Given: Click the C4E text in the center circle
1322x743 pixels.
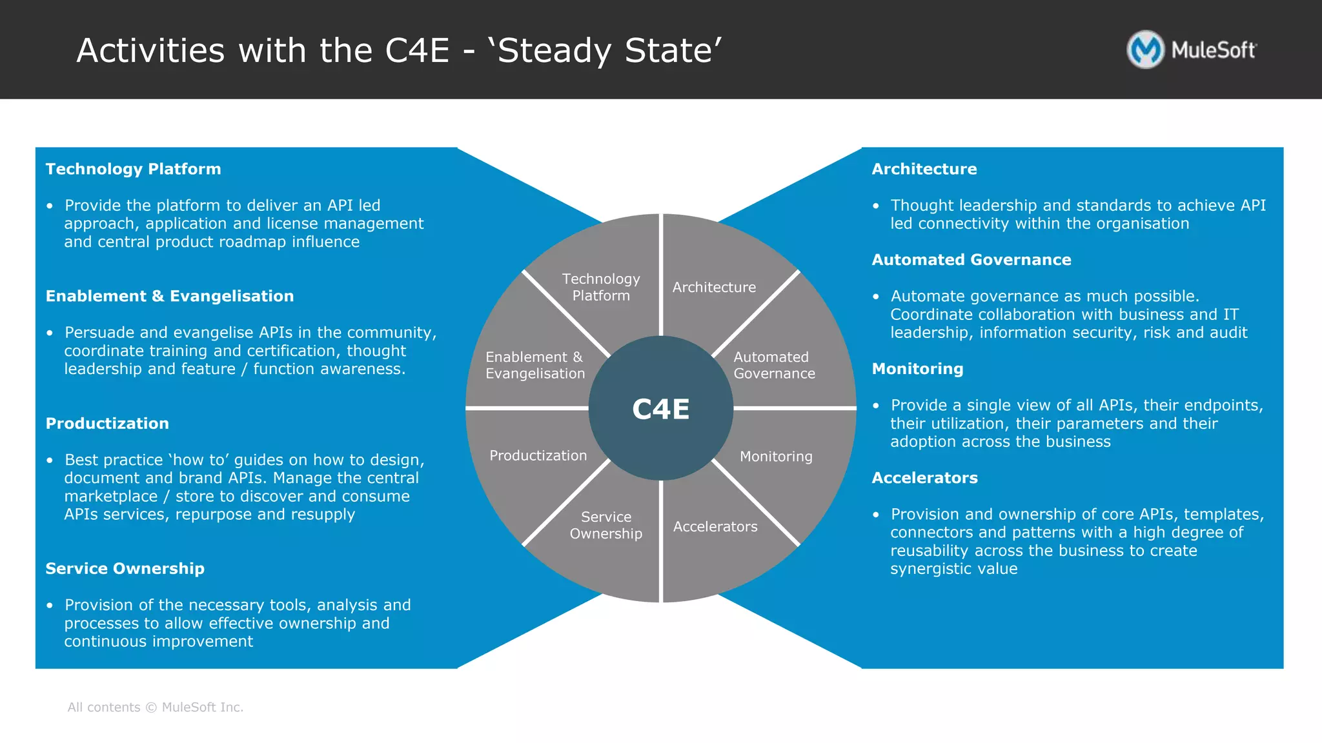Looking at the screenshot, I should tap(660, 409).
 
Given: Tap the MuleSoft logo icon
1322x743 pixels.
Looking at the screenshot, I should tap(1145, 50).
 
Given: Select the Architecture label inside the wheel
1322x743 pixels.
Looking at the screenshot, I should tap(714, 287).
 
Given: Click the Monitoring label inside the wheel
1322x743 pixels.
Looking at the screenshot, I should tap(776, 456).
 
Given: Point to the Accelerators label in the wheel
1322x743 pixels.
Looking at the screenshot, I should tap(715, 526).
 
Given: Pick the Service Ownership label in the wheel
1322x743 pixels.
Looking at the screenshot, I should tap(605, 525).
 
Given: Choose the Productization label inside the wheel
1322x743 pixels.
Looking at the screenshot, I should tap(538, 455).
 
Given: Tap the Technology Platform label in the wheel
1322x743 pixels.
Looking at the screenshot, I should tap(601, 287).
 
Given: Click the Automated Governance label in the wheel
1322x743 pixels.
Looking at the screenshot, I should tap(774, 365).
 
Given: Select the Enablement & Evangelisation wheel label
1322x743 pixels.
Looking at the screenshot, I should tap(535, 365).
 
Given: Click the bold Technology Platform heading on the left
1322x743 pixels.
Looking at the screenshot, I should tap(133, 169).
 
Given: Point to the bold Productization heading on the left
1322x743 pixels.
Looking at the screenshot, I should tap(107, 423).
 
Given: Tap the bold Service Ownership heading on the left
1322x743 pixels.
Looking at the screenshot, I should tap(125, 568).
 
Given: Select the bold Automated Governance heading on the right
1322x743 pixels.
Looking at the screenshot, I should tap(971, 259).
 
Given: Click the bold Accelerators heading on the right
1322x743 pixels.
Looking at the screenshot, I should tap(924, 477).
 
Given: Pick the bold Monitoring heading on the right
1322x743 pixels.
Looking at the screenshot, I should tap(917, 368).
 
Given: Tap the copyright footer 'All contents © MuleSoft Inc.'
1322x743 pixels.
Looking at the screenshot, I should tap(156, 707).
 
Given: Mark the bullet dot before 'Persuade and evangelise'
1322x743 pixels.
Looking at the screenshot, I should tap(50, 333).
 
